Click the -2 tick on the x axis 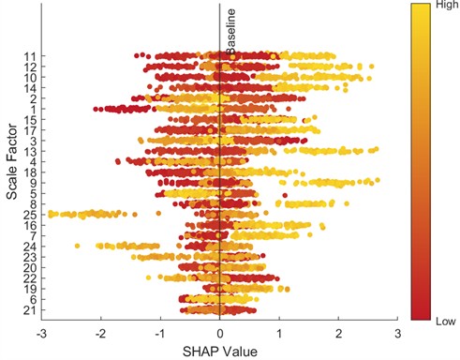point(100,332)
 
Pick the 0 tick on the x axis point(219,332)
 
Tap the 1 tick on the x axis point(279,332)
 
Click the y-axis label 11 point(31,57)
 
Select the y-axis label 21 point(31,309)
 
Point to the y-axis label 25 point(31,215)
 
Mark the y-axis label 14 point(31,88)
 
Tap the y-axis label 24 point(31,247)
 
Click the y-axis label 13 point(31,151)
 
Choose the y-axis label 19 point(31,289)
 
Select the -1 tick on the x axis point(159,332)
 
